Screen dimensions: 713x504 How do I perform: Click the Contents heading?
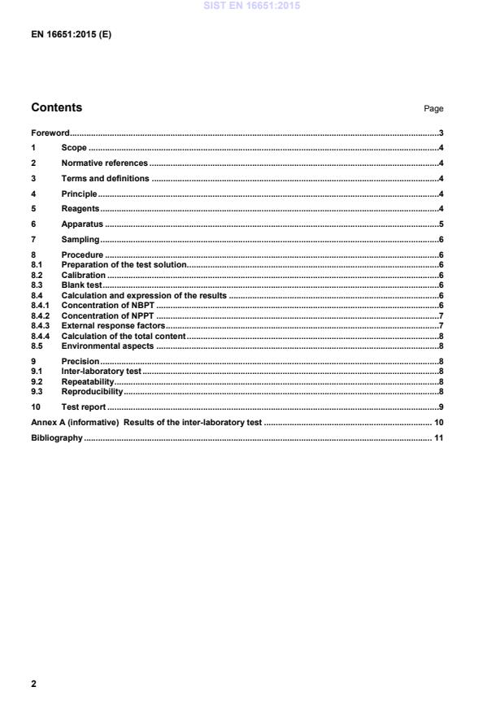click(x=56, y=107)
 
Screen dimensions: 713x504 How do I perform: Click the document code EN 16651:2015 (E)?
click(x=71, y=35)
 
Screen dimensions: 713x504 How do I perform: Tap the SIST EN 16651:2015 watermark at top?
click(x=251, y=5)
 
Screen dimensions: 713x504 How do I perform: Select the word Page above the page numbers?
click(x=434, y=109)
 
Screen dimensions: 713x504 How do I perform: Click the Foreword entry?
click(x=50, y=133)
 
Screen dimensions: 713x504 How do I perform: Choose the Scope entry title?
click(x=74, y=148)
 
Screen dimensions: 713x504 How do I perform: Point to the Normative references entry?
click(x=104, y=163)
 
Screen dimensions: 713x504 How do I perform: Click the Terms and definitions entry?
click(x=105, y=178)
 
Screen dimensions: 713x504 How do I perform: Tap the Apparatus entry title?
click(x=82, y=224)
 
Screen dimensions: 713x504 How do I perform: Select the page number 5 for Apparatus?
click(x=441, y=224)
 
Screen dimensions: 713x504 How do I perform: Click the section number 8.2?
click(x=37, y=276)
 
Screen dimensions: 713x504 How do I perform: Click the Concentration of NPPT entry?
click(x=107, y=315)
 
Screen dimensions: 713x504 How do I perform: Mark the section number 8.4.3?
click(x=41, y=325)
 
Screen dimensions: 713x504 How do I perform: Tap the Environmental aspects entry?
click(x=107, y=346)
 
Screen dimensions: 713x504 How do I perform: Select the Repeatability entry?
click(x=87, y=381)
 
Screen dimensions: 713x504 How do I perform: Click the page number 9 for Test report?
click(x=441, y=406)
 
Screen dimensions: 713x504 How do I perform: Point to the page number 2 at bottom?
click(x=33, y=684)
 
